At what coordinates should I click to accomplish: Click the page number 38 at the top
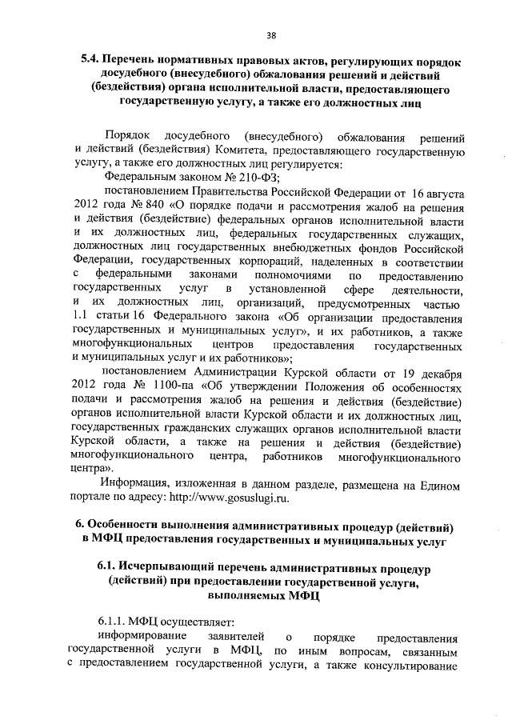[x=271, y=35]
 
